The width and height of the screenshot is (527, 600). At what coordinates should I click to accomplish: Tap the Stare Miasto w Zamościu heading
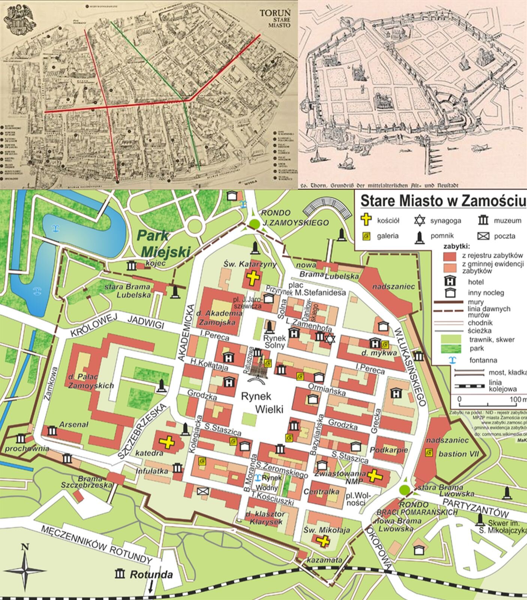coord(442,201)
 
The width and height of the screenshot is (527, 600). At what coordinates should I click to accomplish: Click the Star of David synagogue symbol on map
coord(329,339)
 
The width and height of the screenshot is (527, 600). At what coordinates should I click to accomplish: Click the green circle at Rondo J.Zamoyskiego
coord(255,224)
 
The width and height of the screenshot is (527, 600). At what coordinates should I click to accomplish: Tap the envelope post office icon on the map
coord(203,491)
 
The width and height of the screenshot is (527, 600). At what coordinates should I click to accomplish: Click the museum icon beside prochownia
coord(21,439)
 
